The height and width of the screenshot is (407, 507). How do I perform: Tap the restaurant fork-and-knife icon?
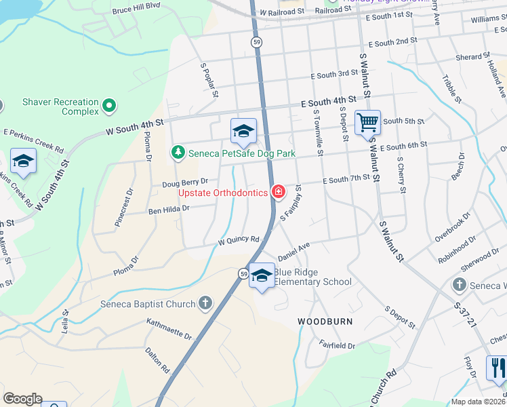(498, 369)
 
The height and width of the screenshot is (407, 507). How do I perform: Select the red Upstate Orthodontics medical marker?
(278, 193)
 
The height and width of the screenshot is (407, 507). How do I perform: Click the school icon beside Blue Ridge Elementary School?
(262, 276)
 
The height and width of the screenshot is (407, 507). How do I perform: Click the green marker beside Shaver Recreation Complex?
(109, 106)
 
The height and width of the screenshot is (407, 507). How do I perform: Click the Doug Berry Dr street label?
(184, 182)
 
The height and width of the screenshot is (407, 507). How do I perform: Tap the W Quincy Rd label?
(239, 240)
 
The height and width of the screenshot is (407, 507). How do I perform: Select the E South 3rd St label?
(334, 73)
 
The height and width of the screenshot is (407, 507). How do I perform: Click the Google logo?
(23, 399)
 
